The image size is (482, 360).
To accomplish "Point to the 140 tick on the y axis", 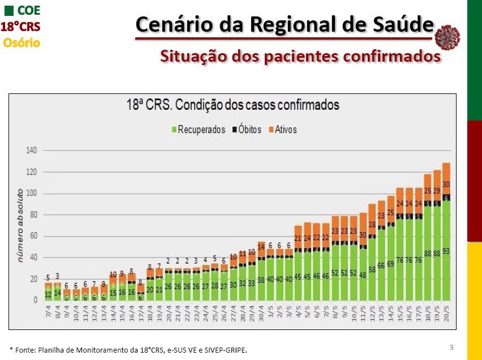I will (x=32, y=151).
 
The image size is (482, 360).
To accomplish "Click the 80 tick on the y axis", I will (x=33, y=215).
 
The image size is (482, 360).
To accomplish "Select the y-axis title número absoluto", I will (x=20, y=225).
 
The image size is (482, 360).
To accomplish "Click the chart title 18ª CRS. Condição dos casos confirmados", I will (x=232, y=105).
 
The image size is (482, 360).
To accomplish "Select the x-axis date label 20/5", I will (x=446, y=312).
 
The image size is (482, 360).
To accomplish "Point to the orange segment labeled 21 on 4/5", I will (x=298, y=238).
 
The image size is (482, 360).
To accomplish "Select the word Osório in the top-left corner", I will (x=21, y=42).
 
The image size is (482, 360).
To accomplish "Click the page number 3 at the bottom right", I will (x=451, y=346).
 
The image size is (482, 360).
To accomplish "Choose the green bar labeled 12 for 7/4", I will (x=48, y=294).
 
